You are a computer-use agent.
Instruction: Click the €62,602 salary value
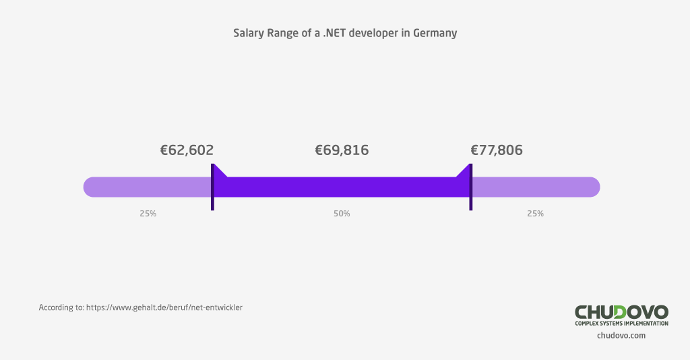[x=187, y=150]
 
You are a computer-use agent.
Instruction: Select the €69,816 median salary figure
[x=342, y=150]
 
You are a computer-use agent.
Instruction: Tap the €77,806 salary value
[x=497, y=150]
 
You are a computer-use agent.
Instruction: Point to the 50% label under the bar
[x=342, y=214]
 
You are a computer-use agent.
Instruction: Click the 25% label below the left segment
[x=148, y=214]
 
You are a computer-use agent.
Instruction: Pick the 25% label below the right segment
[x=535, y=214]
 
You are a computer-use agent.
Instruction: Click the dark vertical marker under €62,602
[x=212, y=187]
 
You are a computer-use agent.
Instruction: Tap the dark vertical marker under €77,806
[x=470, y=187]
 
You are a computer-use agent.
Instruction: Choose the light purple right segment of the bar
[x=535, y=187]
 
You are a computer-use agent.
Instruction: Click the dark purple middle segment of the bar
[x=342, y=187]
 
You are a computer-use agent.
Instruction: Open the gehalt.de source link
[x=164, y=307]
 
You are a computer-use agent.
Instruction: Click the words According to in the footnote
[x=61, y=307]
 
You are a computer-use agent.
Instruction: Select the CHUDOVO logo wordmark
[x=621, y=312]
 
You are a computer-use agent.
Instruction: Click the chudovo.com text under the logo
[x=621, y=335]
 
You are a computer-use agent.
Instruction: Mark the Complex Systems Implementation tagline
[x=621, y=324]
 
